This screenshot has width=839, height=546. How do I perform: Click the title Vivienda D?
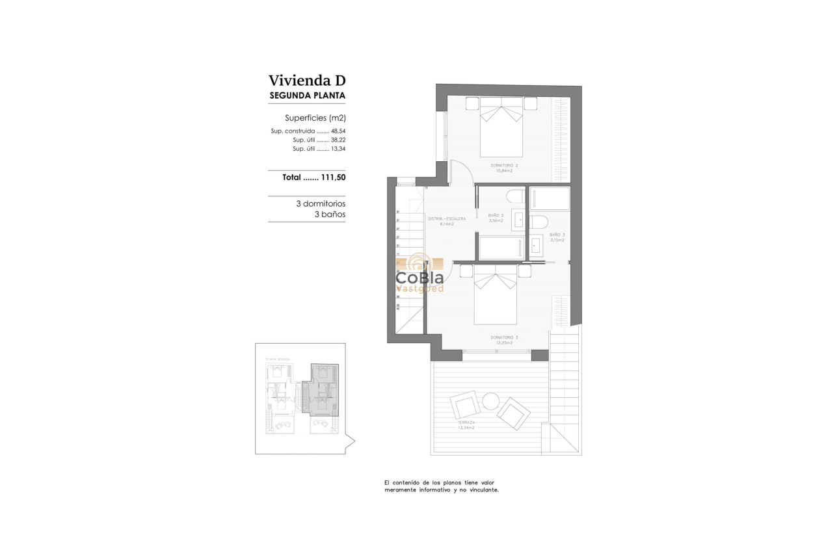307,81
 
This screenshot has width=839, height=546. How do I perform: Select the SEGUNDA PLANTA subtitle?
307,96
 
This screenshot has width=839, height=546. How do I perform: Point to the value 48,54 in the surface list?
338,131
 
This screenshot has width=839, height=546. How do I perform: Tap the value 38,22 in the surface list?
338,140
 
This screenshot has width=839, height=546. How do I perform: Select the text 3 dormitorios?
321,203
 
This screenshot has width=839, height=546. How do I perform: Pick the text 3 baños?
330,214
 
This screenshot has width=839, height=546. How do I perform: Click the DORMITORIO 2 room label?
504,166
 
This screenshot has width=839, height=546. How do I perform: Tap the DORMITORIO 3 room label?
504,337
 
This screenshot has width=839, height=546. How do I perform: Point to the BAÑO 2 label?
496,216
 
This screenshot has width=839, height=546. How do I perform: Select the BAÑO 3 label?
557,235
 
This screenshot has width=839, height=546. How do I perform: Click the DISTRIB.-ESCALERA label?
446,219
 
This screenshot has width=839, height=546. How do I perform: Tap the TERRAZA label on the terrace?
465,422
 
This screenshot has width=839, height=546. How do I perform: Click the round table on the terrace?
490,402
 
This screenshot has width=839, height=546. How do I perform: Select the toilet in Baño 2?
515,196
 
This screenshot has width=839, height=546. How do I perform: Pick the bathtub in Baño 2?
501,248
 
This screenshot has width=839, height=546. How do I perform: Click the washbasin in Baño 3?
536,246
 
